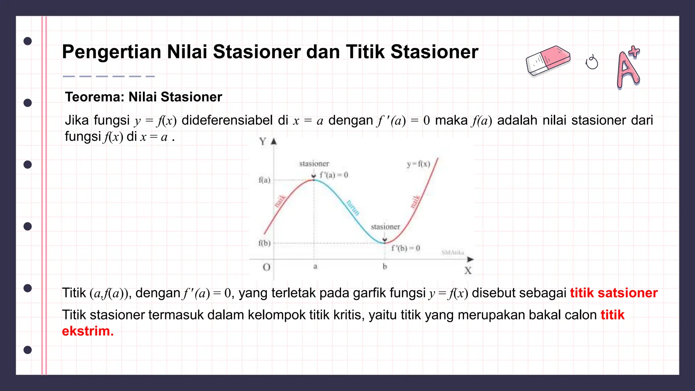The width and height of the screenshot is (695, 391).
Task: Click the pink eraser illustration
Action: click(x=548, y=61)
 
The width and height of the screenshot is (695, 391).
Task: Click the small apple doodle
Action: click(x=592, y=62)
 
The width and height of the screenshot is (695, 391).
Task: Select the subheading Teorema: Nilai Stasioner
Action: click(x=143, y=97)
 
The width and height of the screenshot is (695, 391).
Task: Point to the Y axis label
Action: click(x=263, y=141)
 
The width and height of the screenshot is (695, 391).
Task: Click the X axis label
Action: click(x=468, y=271)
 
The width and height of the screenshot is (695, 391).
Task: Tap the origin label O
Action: click(x=267, y=267)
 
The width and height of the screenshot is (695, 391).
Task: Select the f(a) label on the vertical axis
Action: click(x=264, y=180)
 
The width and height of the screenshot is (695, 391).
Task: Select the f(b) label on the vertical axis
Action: click(x=264, y=243)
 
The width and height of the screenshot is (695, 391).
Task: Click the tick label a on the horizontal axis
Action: click(x=315, y=266)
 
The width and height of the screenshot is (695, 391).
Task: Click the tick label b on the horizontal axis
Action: click(x=385, y=266)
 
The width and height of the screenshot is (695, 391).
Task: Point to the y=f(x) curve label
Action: click(x=418, y=164)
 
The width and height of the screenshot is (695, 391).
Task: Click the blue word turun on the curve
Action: click(x=353, y=208)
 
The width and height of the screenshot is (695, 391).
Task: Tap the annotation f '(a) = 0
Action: click(x=334, y=175)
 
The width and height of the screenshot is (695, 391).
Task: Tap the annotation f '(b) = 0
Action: click(x=406, y=248)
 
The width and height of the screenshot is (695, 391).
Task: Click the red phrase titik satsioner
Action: click(x=614, y=293)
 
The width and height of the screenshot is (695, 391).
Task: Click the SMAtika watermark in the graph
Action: click(x=452, y=253)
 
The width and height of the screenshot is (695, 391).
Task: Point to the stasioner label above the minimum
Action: click(x=385, y=227)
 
